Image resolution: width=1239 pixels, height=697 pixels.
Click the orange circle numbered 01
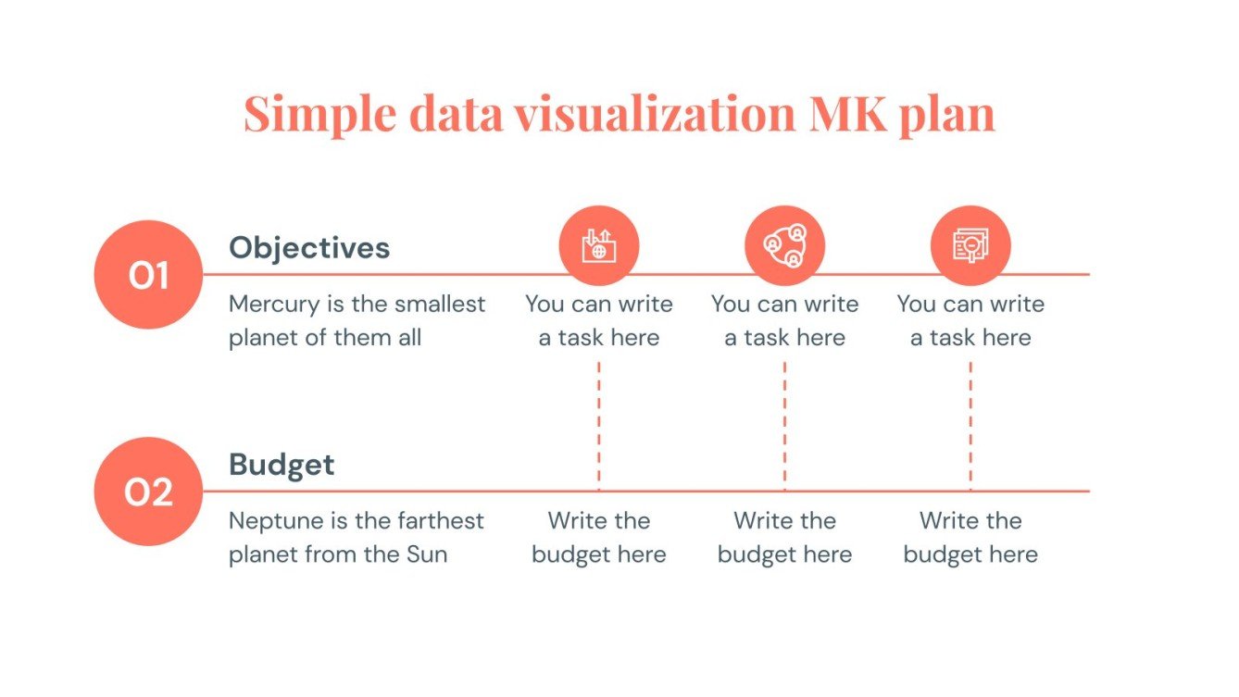point(148,275)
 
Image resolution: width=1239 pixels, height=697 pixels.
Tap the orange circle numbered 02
point(148,492)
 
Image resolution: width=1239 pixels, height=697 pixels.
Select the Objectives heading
point(309,247)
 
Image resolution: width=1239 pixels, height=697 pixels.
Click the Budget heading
point(282,464)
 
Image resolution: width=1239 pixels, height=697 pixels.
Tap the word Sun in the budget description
point(427,554)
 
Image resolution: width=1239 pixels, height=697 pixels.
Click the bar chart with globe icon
point(598,246)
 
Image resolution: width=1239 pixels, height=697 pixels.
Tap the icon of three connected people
point(784,246)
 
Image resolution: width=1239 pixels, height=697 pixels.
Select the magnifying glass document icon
point(970,246)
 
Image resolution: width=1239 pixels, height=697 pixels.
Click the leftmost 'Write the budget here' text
point(599,538)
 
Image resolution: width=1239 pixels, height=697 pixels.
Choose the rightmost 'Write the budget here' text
point(970,538)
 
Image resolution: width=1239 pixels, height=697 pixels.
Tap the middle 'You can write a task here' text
point(784,321)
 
